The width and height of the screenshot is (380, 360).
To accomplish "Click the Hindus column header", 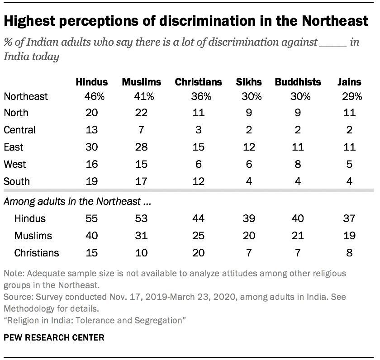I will [x=92, y=82].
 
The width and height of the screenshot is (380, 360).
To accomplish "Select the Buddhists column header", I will [x=298, y=82].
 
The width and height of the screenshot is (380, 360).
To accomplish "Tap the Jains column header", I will [x=349, y=82].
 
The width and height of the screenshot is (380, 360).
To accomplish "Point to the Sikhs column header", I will [x=249, y=82].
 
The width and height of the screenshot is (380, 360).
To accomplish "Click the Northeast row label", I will [x=25, y=96].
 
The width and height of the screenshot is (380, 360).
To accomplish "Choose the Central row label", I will [x=19, y=130].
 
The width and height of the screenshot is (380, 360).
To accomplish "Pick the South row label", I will [x=17, y=181].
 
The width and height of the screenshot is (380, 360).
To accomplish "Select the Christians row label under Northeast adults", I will [x=36, y=253].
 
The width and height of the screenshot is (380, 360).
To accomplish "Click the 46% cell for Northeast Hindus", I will [x=92, y=96].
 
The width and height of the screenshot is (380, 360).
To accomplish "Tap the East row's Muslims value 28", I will [x=141, y=147].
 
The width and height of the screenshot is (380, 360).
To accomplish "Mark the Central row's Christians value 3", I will [x=198, y=130].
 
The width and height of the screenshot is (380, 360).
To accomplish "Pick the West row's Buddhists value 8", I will [x=298, y=165].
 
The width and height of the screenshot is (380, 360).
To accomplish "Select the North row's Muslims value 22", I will [x=141, y=113].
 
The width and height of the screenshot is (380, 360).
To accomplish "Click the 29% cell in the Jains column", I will [x=349, y=96].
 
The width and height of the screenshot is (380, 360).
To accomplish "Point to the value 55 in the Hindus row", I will [x=92, y=218].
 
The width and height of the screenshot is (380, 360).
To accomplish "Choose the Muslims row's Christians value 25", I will [x=198, y=236].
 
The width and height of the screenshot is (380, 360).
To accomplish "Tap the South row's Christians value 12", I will [x=198, y=181].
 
